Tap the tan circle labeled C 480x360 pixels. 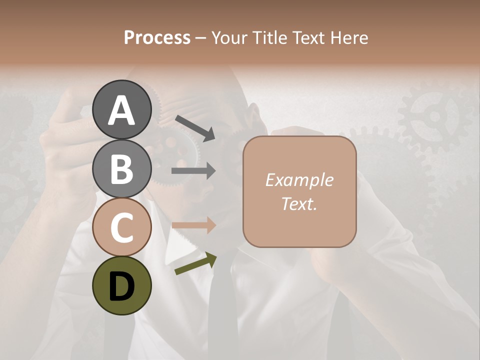[121, 227]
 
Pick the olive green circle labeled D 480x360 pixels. [121, 285]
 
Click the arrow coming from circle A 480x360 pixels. [195, 127]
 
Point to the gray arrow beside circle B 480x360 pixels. [194, 171]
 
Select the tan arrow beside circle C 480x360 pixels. [194, 225]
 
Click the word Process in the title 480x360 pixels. [157, 37]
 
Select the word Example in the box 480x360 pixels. [299, 180]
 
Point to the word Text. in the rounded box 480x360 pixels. [299, 203]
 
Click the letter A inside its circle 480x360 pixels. [121, 110]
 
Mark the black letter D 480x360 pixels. [121, 286]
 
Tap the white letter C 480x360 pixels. [121, 228]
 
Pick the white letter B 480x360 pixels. [121, 169]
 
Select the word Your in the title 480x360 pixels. [230, 37]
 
